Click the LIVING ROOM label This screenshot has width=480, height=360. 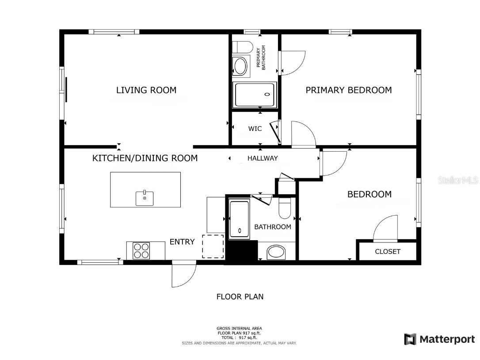pos(146,90)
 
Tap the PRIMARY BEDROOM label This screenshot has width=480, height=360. pos(348,90)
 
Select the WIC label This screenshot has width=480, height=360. pos(255,129)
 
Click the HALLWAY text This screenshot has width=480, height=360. pos(263,158)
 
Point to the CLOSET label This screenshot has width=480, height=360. pos(387,252)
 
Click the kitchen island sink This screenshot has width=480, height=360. pos(145,198)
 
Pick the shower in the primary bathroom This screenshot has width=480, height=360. pos(255,95)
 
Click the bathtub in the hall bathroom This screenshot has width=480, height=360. pos(240,218)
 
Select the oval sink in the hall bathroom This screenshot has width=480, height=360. pos(277,253)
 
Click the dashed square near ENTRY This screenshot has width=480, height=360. pos(213,246)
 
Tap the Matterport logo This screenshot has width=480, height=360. pos(439,339)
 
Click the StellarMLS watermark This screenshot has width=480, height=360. pos(458,180)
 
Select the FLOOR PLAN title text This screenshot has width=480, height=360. pos(240,297)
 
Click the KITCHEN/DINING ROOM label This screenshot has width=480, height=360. pos(145,158)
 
